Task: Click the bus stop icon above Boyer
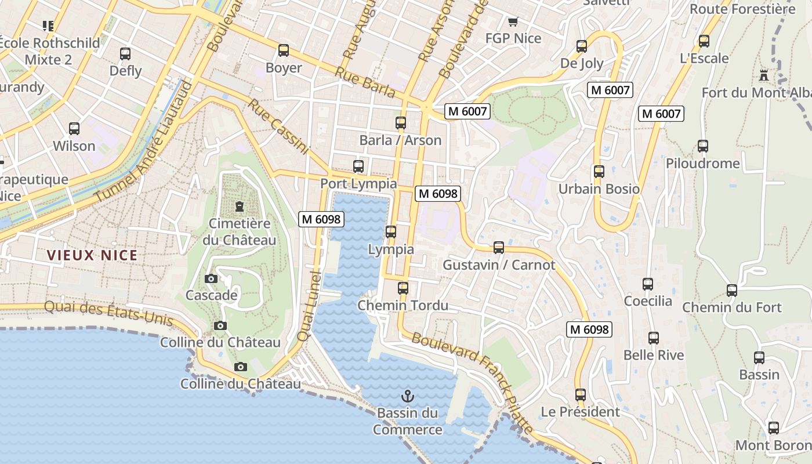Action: pos(284,50)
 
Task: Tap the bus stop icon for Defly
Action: pos(125,54)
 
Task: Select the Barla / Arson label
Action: pos(400,140)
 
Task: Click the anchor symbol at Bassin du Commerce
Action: pos(408,396)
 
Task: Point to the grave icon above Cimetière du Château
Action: pos(239,206)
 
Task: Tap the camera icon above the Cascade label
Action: pos(211,279)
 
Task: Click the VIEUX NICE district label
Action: pos(92,255)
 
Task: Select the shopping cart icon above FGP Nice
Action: pos(513,22)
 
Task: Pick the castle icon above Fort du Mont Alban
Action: pos(763,75)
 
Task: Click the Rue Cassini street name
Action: pos(278,126)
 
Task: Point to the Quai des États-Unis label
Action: pos(108,311)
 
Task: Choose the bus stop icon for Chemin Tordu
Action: pos(403,288)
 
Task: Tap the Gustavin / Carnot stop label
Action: pos(499,265)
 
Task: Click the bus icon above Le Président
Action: pos(581,395)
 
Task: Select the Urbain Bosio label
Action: pos(599,189)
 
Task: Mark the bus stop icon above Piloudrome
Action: pos(703,146)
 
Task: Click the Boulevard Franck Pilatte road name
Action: pos(472,382)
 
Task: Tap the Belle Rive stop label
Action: pos(654,355)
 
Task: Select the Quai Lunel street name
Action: pos(309,304)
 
